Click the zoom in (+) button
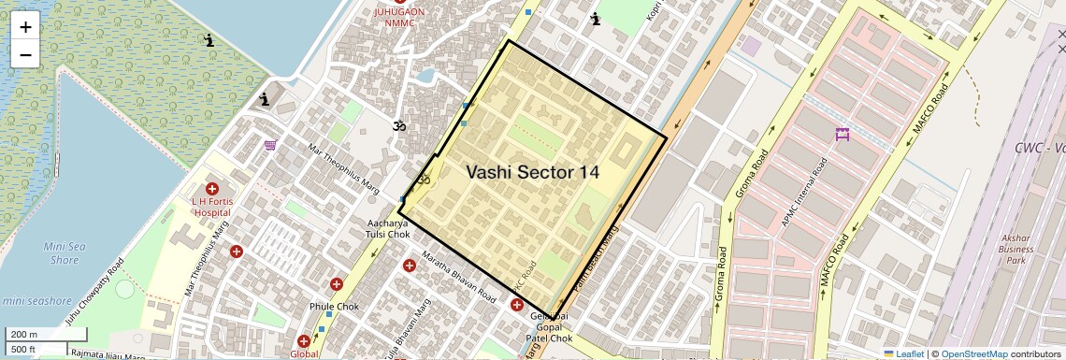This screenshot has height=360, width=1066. point(25,27)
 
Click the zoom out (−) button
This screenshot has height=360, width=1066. point(25,55)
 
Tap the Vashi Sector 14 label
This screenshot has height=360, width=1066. point(532,172)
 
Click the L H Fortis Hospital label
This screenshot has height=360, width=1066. point(211,206)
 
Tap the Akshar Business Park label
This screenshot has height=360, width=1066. point(1016,250)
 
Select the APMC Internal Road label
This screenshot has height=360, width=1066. point(805,194)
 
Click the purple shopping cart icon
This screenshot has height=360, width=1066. point(270,145)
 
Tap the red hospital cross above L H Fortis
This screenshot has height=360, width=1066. point(212,188)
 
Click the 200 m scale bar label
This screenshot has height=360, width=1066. point(24,334)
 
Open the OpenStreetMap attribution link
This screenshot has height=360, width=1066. point(973,354)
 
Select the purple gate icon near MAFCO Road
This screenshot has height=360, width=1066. point(842,135)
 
